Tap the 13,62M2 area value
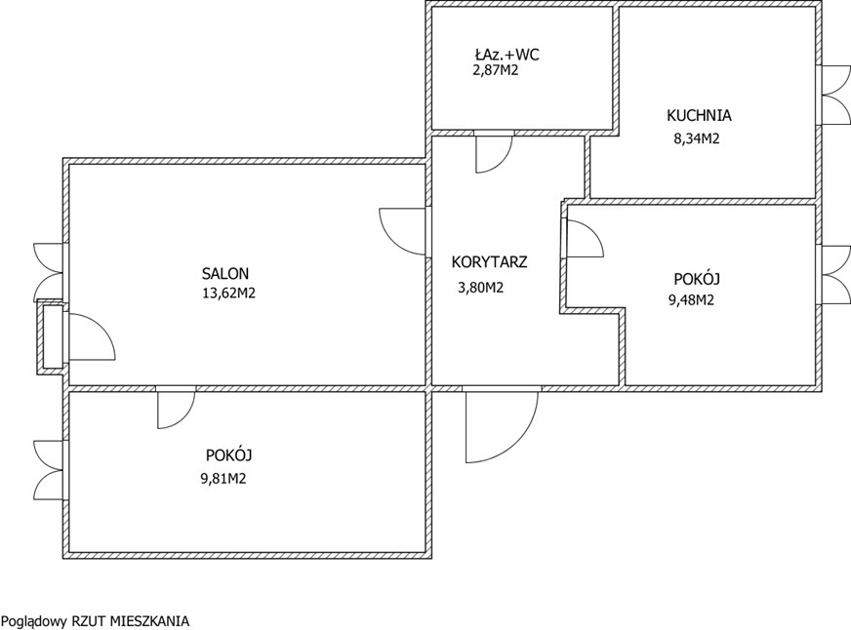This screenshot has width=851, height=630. click(x=228, y=294)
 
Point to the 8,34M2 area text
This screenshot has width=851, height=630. click(x=697, y=138)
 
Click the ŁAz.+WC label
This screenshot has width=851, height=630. click(x=507, y=55)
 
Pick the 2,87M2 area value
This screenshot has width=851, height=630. click(x=496, y=70)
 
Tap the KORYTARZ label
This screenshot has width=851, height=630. click(x=490, y=262)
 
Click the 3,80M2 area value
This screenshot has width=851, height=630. click(x=481, y=288)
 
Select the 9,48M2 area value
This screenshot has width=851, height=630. click(x=691, y=299)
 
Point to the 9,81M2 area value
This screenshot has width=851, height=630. click(x=223, y=479)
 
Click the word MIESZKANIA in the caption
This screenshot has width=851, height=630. click(x=149, y=621)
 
